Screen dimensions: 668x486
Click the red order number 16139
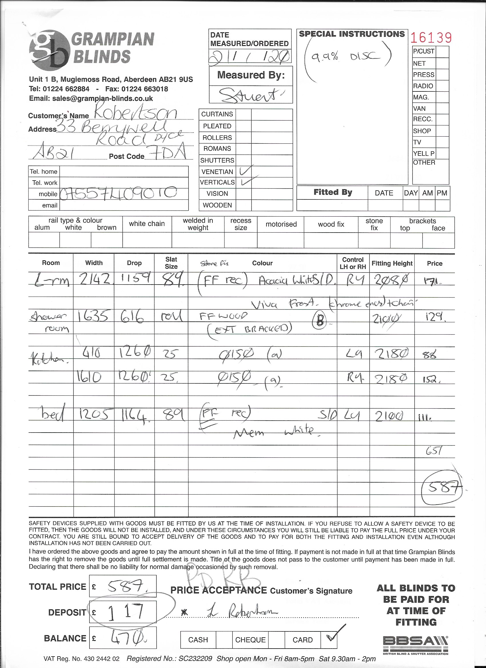pos(431,38)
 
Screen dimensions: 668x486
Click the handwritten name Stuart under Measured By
pos(250,95)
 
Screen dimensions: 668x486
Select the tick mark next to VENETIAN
pos(245,171)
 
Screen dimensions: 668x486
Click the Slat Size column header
pos(171,263)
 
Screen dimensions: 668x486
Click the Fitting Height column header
pos(392,263)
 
